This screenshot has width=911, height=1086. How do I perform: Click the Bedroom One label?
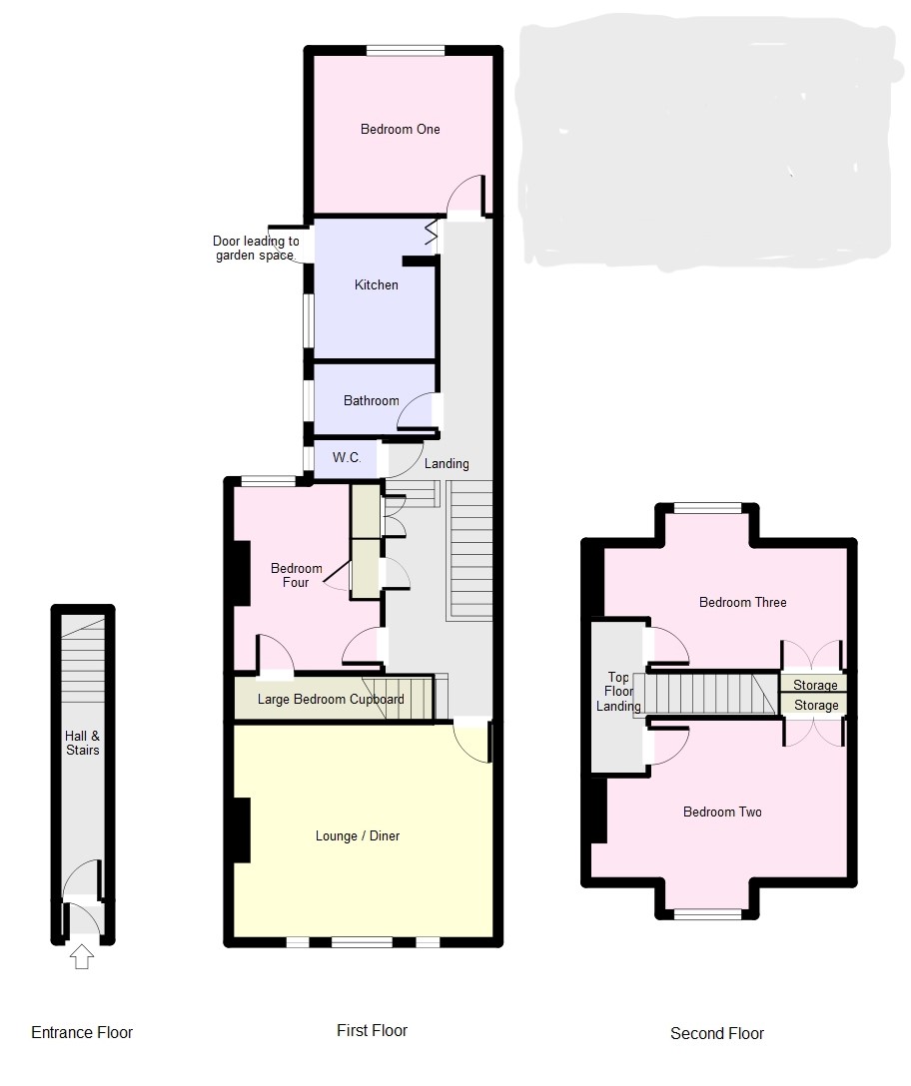point(400,130)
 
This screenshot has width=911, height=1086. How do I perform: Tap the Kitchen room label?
point(377,284)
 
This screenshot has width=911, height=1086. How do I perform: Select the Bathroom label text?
point(372,400)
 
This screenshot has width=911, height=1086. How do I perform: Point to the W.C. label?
point(347,457)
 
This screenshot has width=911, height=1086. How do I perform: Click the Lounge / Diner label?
point(358,836)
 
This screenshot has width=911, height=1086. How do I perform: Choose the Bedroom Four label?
point(296,576)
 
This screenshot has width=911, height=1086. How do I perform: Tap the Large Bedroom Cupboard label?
point(331,700)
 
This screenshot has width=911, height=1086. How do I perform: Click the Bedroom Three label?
point(742,603)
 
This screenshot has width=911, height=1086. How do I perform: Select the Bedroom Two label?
point(722,812)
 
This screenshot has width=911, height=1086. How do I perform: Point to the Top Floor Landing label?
point(618,691)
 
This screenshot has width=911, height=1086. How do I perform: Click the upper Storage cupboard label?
point(815,685)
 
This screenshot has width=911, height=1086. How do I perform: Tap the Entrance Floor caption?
point(82,1033)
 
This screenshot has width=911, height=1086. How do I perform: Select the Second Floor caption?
point(717,1033)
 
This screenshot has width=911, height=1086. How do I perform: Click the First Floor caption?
point(373,1030)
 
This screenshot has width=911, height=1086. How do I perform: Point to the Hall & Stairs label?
point(83,743)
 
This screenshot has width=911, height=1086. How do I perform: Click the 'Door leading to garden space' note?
point(256,248)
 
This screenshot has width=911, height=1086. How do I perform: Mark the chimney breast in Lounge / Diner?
point(242,830)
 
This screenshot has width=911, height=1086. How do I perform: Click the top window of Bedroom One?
point(406,50)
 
